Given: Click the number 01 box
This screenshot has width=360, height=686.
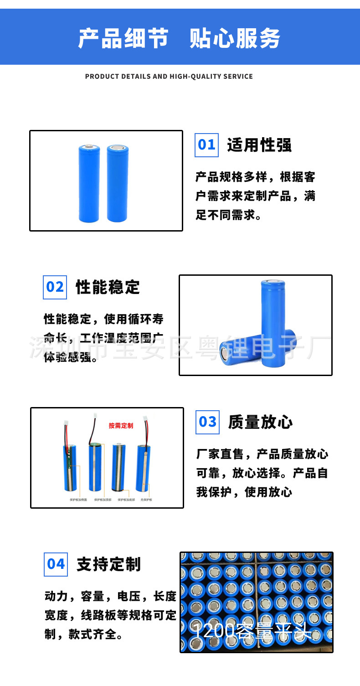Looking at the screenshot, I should click(206, 145).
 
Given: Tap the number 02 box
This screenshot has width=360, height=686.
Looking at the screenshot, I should click(55, 287).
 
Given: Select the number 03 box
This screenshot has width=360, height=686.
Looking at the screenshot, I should click(207, 422).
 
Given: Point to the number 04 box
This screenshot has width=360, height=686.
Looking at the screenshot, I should click(56, 564).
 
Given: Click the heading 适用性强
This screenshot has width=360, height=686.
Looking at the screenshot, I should click(259, 145).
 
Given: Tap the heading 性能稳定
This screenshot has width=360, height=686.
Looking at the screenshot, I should click(108, 288).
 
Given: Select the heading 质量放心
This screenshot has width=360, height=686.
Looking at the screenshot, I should click(260, 422).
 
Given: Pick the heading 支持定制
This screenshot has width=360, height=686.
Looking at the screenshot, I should click(109, 564).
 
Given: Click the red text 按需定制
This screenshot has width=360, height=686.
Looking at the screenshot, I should click(121, 426).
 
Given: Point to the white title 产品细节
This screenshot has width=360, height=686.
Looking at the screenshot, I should click(123, 38).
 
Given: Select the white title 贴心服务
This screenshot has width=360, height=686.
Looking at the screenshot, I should click(235, 38).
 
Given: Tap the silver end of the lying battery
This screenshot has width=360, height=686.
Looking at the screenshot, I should click(225, 354).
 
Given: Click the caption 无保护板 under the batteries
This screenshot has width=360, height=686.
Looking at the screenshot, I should click(146, 500).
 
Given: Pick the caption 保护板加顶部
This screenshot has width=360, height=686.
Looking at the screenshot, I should click(103, 500).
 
